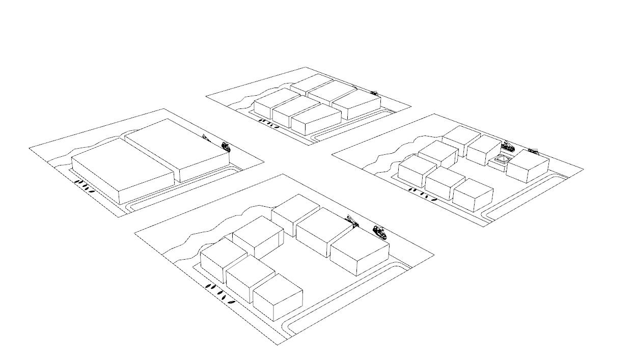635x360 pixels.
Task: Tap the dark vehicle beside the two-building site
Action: click(x=226, y=147)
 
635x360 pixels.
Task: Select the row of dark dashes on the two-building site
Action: click(x=85, y=186)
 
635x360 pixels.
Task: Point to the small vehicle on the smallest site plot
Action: click(x=374, y=93)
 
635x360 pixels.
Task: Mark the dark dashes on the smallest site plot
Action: click(x=268, y=123)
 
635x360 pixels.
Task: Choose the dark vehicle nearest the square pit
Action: click(x=507, y=147)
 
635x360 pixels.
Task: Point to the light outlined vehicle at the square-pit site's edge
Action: click(x=533, y=151)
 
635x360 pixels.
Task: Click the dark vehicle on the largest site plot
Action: click(x=380, y=232)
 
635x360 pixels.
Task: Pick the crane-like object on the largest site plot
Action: click(x=352, y=221)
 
